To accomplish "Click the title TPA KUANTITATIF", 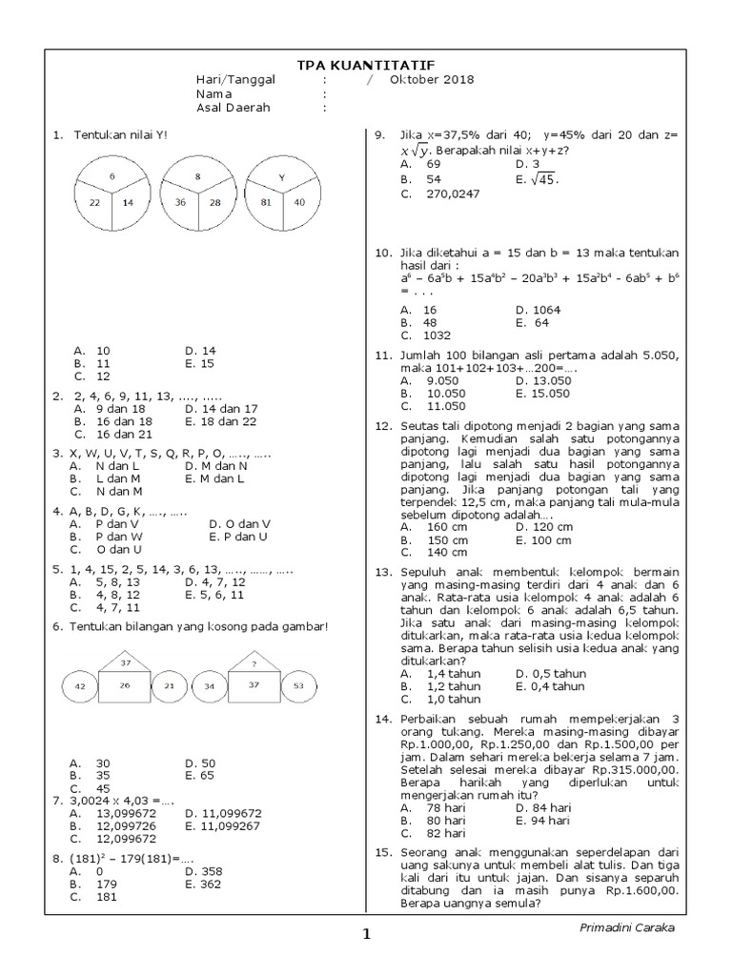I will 366,64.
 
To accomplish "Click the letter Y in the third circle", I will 281,177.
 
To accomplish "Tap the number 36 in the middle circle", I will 178,202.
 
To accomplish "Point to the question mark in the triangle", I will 254,663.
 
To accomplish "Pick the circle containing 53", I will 299,685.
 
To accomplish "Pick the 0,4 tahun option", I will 554,685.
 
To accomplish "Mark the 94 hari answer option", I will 547,820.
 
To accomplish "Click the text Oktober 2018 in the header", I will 432,80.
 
